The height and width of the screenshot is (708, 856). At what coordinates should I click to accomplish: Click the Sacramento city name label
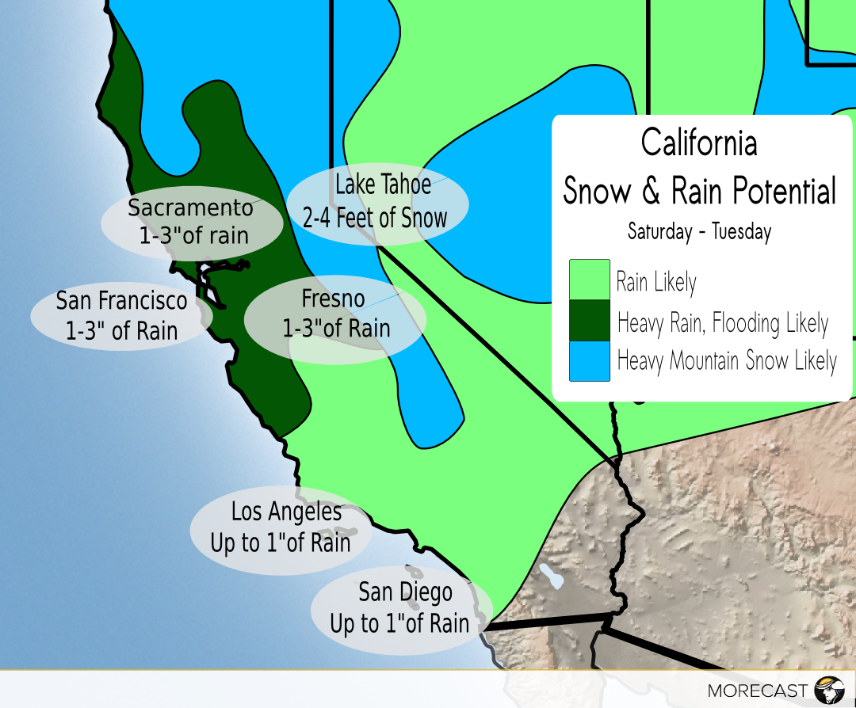(190, 207)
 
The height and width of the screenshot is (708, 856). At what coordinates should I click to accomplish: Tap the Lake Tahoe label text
(383, 185)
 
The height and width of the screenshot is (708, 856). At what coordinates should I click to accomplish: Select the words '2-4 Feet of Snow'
(375, 217)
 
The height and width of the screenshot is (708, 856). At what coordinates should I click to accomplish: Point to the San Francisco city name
(121, 301)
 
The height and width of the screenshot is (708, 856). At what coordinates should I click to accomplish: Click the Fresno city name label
(333, 299)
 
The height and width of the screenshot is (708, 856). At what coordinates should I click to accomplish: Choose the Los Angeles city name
(286, 512)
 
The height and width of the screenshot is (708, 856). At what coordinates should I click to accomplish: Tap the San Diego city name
(405, 592)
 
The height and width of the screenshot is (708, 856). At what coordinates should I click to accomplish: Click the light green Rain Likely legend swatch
(589, 280)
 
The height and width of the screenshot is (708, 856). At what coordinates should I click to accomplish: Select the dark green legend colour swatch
(589, 321)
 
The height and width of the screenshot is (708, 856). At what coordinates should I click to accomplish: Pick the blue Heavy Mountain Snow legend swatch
(589, 361)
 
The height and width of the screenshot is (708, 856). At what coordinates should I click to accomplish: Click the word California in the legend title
(698, 143)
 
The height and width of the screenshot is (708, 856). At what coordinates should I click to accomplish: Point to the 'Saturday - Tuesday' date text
(699, 232)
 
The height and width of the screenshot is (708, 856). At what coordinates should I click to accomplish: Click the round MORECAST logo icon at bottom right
(829, 689)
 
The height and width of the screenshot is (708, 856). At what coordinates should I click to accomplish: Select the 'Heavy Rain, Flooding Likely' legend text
(722, 323)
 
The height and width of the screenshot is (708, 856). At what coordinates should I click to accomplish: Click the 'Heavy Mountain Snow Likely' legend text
(726, 361)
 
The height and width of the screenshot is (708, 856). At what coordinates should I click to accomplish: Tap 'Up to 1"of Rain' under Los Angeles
(280, 543)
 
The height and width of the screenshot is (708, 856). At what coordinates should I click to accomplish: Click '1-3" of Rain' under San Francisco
(121, 330)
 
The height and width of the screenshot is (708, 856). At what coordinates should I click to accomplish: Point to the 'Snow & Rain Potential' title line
(699, 191)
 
